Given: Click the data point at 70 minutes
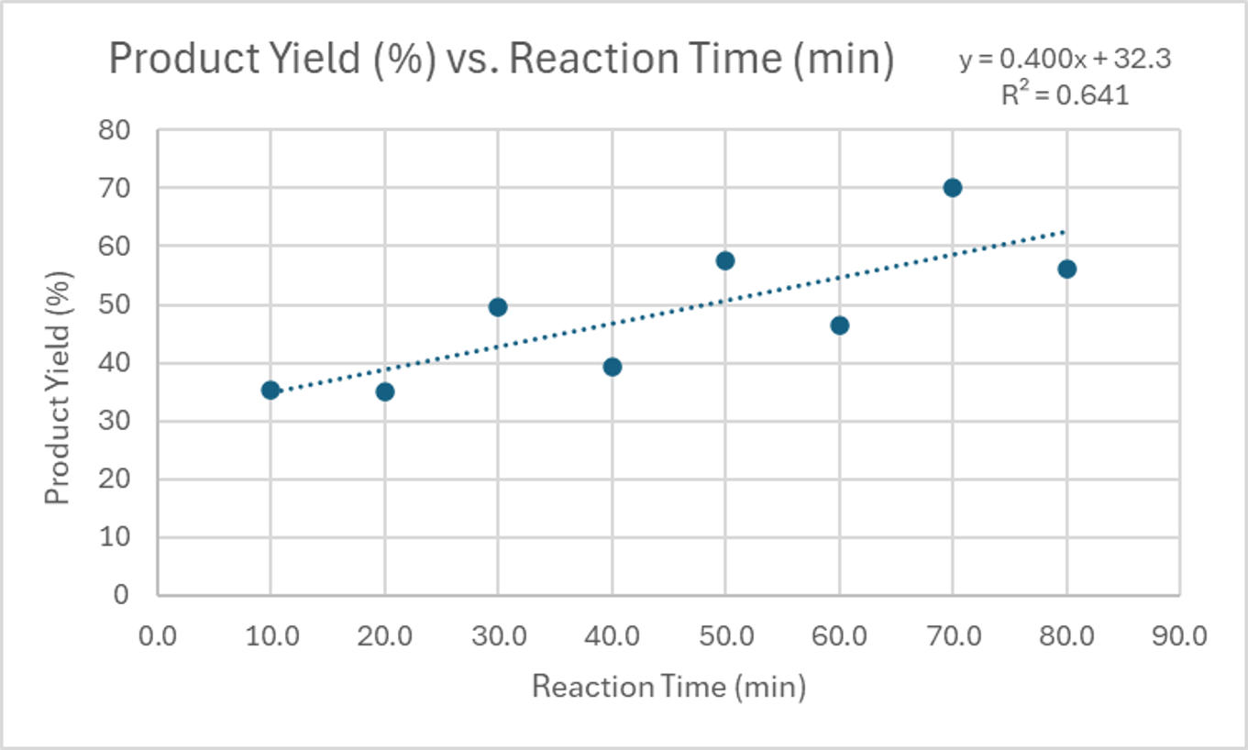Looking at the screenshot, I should (953, 188).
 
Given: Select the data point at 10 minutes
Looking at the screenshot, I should (271, 390).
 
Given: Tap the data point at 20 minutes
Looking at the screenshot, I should (385, 392).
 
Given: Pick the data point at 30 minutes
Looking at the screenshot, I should (498, 307).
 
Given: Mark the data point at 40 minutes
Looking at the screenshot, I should (613, 367).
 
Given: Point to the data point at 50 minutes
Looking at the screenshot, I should (725, 260).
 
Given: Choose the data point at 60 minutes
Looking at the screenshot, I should (839, 325).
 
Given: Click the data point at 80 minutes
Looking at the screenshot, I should (1066, 269).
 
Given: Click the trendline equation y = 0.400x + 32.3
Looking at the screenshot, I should (1065, 60).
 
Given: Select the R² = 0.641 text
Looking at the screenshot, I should (1065, 94).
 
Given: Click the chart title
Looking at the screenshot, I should (501, 61).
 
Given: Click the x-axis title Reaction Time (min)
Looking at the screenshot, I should (668, 686).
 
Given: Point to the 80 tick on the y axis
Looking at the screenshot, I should (117, 130).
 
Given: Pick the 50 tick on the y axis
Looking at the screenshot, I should (117, 304).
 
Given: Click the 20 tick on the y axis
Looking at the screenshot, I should (117, 479).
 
